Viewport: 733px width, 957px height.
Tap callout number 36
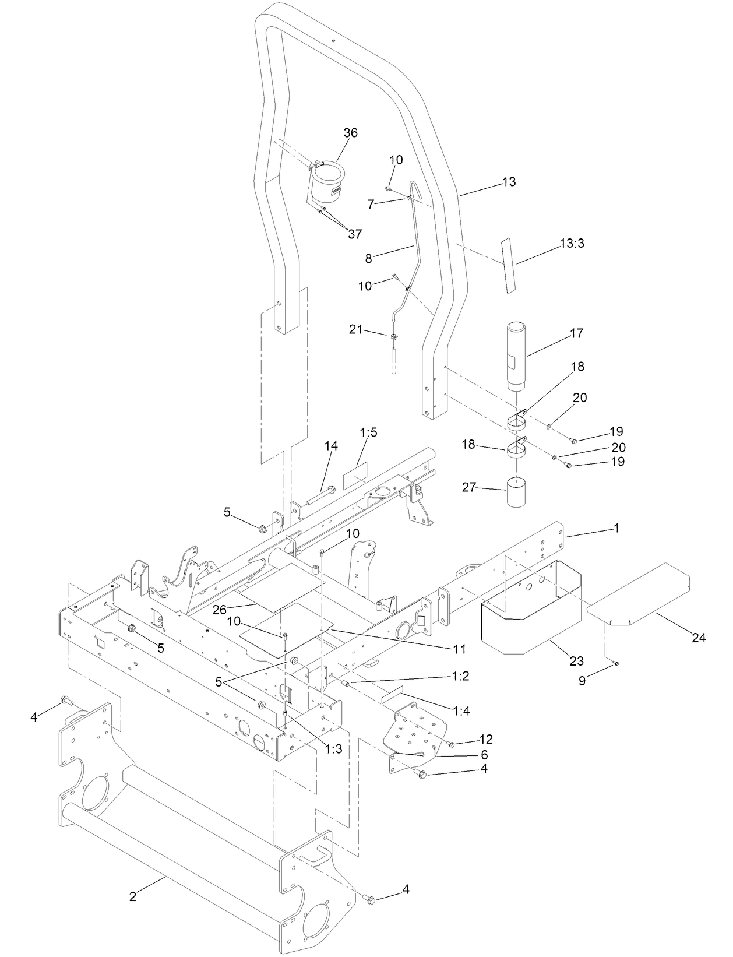pyautogui.click(x=350, y=133)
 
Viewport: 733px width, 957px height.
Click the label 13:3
pyautogui.click(x=572, y=243)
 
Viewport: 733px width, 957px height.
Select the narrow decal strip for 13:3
pyautogui.click(x=507, y=265)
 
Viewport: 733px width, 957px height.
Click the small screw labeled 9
pyautogui.click(x=616, y=663)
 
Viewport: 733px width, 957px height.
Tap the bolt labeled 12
pyautogui.click(x=451, y=744)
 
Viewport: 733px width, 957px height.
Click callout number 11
pyautogui.click(x=460, y=649)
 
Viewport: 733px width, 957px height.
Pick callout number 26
pyautogui.click(x=219, y=610)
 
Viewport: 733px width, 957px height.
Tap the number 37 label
pyautogui.click(x=354, y=234)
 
